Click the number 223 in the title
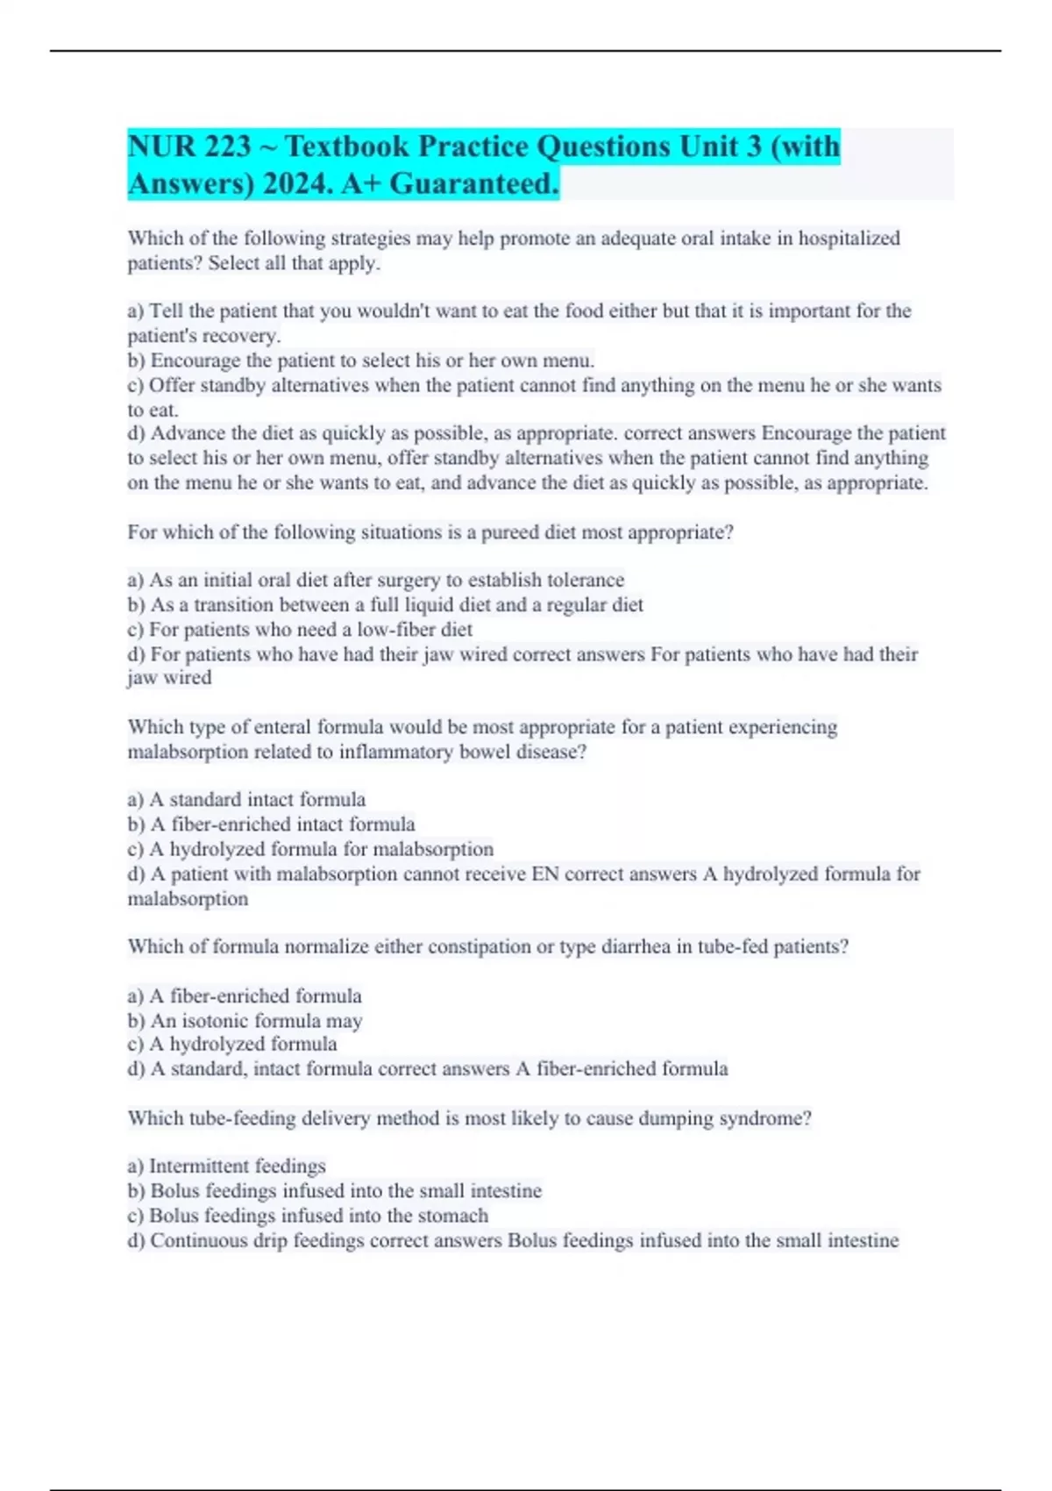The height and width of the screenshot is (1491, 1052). tap(227, 146)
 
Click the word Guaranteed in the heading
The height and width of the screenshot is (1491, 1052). tap(473, 184)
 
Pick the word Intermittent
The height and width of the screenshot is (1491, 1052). tap(200, 1166)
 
